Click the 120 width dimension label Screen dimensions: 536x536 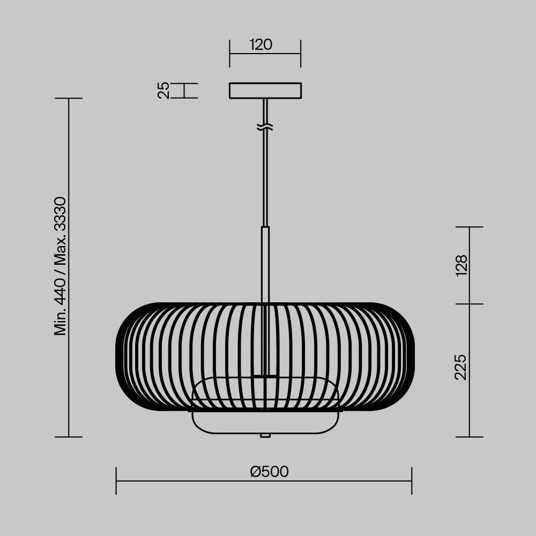point(261,44)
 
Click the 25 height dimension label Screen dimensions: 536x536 point(164,90)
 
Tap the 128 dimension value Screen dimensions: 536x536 point(461,265)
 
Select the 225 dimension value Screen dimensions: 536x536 point(461,367)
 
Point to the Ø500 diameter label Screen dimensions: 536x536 point(269,472)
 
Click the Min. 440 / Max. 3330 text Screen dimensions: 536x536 point(61,266)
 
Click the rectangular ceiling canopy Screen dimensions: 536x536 point(265,90)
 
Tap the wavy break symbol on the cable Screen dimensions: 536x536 point(265,127)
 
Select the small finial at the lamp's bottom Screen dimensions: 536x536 point(265,435)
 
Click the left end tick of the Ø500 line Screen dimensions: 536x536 point(116,480)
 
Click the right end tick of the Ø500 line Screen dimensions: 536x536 point(412,480)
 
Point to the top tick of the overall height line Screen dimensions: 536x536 point(69,99)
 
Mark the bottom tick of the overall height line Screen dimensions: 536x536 point(69,437)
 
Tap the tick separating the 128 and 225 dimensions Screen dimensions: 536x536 point(470,304)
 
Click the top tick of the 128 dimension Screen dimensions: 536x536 point(470,227)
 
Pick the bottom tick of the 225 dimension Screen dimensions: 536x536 point(470,437)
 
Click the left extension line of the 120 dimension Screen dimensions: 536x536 point(230,53)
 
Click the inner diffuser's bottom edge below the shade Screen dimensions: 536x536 point(265,433)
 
